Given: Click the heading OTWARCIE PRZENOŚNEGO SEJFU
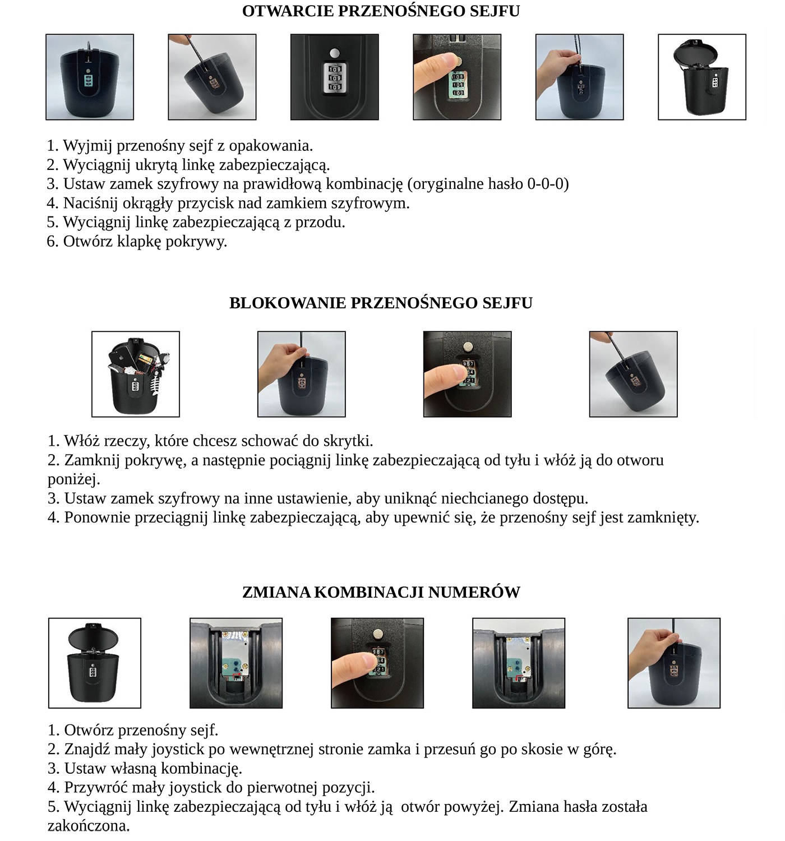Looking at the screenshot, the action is point(380,11).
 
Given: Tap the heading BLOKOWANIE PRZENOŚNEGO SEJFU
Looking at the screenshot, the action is point(380,303).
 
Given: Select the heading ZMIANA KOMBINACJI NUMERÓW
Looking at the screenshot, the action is point(381,592).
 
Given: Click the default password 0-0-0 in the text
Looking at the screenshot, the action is point(545,184).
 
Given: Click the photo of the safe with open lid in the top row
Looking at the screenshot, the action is point(701,77).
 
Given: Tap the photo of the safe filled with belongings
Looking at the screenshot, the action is point(136,374).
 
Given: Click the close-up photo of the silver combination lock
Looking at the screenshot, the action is point(334,77).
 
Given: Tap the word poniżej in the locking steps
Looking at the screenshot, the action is point(73,479).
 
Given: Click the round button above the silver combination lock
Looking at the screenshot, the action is point(335,53).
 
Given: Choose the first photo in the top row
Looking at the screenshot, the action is point(90,77).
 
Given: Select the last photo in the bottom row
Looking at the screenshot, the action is point(673,663).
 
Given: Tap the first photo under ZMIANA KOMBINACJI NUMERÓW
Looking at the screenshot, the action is point(94,663).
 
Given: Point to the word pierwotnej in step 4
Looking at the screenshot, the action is point(282,787).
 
